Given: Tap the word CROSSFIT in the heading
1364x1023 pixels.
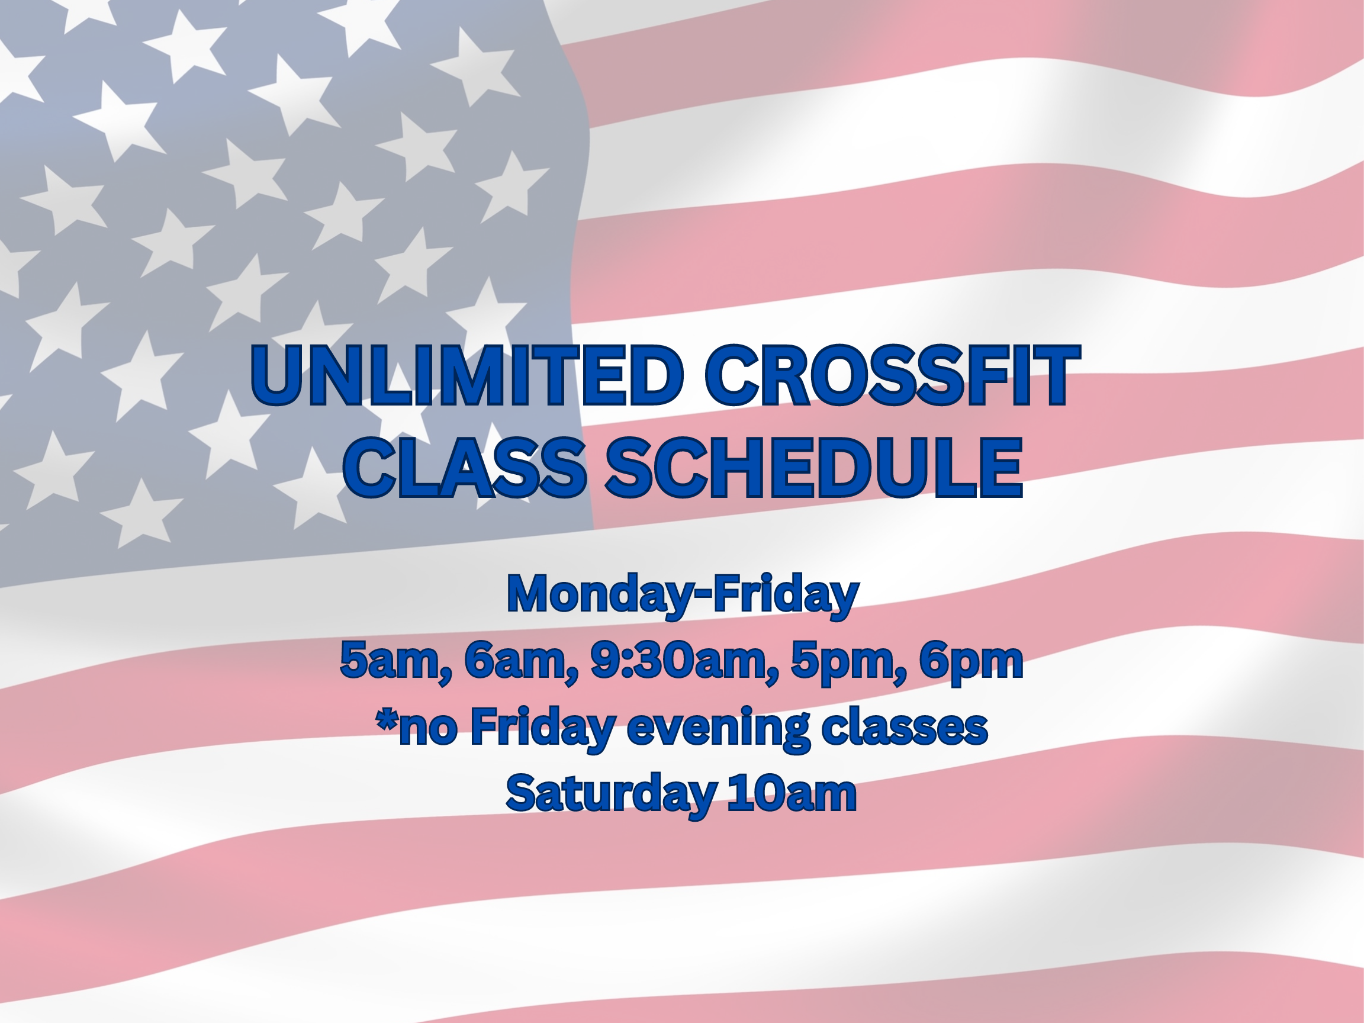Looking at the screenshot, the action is click(x=892, y=375).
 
